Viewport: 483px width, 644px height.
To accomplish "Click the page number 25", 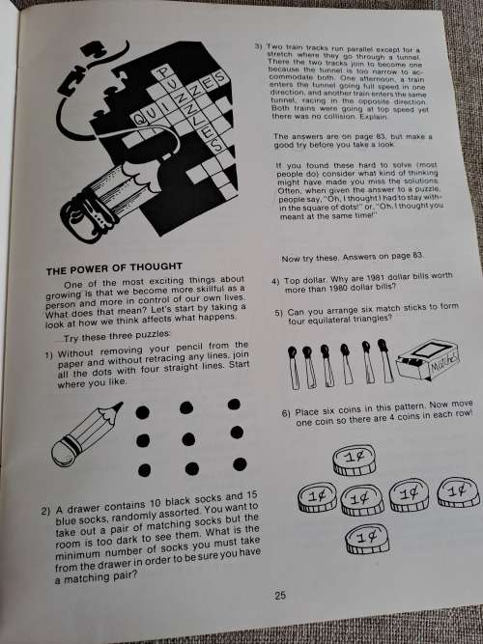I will [x=279, y=596].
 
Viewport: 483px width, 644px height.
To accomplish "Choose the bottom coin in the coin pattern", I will [x=366, y=536].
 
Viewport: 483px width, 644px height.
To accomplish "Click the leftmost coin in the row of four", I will [x=316, y=499].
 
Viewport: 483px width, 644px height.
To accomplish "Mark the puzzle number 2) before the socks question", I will [x=45, y=510].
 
